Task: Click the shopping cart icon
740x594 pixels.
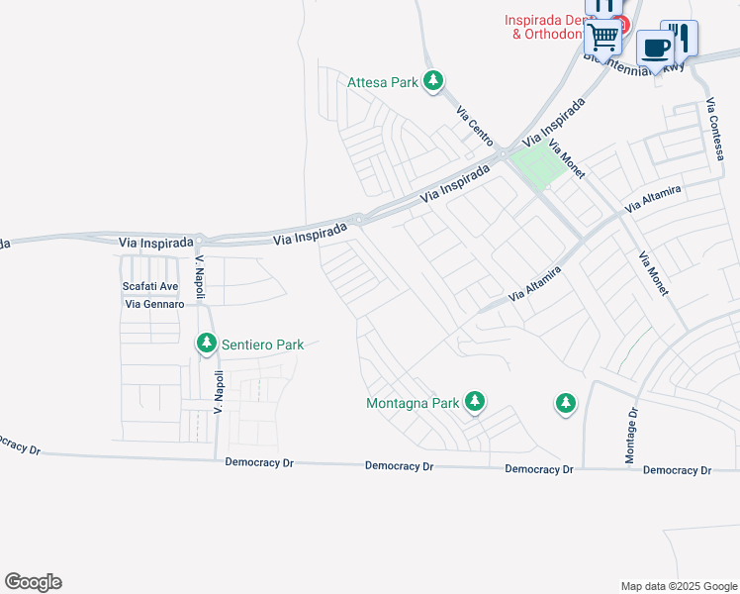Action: [x=602, y=39]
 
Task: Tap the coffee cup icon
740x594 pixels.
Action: [x=655, y=48]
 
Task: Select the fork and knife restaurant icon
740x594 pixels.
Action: [x=680, y=37]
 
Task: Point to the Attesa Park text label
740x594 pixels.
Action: [x=383, y=82]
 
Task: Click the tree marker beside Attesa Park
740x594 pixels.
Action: [x=432, y=81]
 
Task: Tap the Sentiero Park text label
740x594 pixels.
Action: [x=262, y=345]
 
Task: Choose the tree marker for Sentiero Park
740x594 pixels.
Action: [x=207, y=344]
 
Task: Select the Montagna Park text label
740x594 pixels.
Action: [x=413, y=403]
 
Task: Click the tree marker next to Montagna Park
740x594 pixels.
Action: [x=476, y=401]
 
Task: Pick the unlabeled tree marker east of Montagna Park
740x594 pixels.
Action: [x=565, y=403]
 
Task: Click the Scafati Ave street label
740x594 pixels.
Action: [x=150, y=286]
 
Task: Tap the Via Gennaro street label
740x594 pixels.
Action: [x=154, y=304]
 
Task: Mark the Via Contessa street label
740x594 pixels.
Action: [x=717, y=129]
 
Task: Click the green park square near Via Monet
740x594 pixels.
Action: [x=539, y=165]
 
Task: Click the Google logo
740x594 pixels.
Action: [x=33, y=582]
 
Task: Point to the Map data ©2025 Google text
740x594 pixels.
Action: [x=679, y=586]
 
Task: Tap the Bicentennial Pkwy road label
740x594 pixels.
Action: [x=633, y=62]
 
